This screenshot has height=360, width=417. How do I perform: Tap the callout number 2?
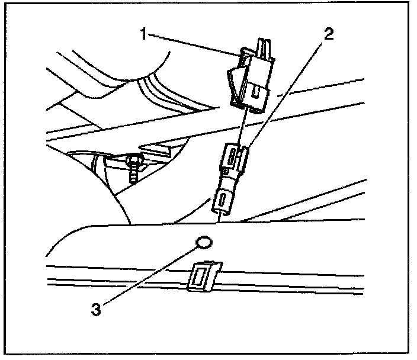click(328, 33)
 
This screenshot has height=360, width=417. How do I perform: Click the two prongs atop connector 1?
click(262, 45)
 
